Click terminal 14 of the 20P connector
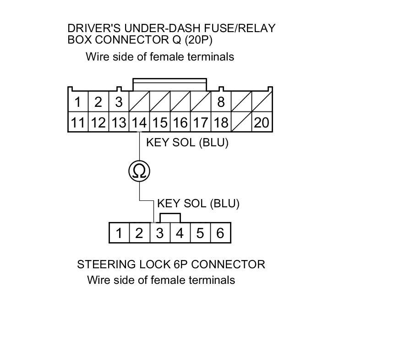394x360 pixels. pyautogui.click(x=139, y=122)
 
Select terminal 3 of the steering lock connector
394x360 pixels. pyautogui.click(x=159, y=233)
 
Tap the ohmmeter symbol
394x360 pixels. pyautogui.click(x=139, y=171)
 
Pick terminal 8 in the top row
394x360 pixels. pyautogui.click(x=221, y=102)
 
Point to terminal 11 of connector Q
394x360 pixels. pyautogui.click(x=77, y=122)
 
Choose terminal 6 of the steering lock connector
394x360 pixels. pyautogui.click(x=220, y=233)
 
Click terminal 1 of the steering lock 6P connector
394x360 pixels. pyautogui.click(x=119, y=233)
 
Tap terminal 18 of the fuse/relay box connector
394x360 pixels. pyautogui.click(x=221, y=122)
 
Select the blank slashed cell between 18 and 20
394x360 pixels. pyautogui.click(x=241, y=122)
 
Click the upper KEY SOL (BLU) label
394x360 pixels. pyautogui.click(x=187, y=142)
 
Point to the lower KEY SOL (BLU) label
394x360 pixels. pyautogui.click(x=198, y=203)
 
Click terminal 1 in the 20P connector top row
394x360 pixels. pyautogui.click(x=78, y=102)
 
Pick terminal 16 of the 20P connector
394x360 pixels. pyautogui.click(x=180, y=122)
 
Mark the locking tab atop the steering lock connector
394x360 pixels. pyautogui.click(x=170, y=218)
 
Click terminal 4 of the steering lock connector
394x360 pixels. pyautogui.click(x=180, y=233)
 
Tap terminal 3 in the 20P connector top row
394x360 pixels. pyautogui.click(x=119, y=102)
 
